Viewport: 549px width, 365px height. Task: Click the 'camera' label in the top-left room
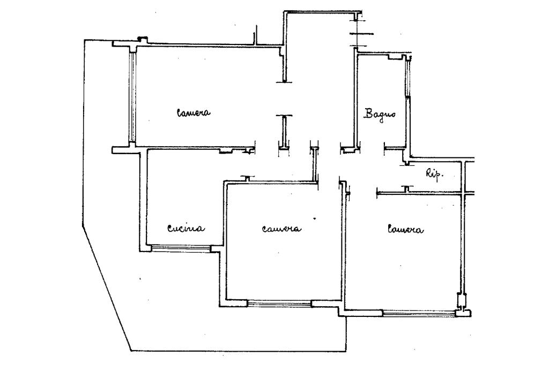coord(194,113)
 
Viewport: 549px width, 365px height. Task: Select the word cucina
coord(186,229)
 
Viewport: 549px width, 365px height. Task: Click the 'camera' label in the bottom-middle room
coord(281,229)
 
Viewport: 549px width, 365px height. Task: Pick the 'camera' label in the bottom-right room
coord(405,230)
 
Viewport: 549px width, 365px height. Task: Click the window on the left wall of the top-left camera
coord(131,96)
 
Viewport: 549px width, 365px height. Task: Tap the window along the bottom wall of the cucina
coord(180,248)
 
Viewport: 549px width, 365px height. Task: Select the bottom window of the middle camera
coord(279,304)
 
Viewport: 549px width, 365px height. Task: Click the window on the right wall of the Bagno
coord(407,78)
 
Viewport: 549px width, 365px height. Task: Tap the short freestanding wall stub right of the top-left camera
coord(284,131)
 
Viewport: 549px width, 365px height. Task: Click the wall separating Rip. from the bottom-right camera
coord(418,192)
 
